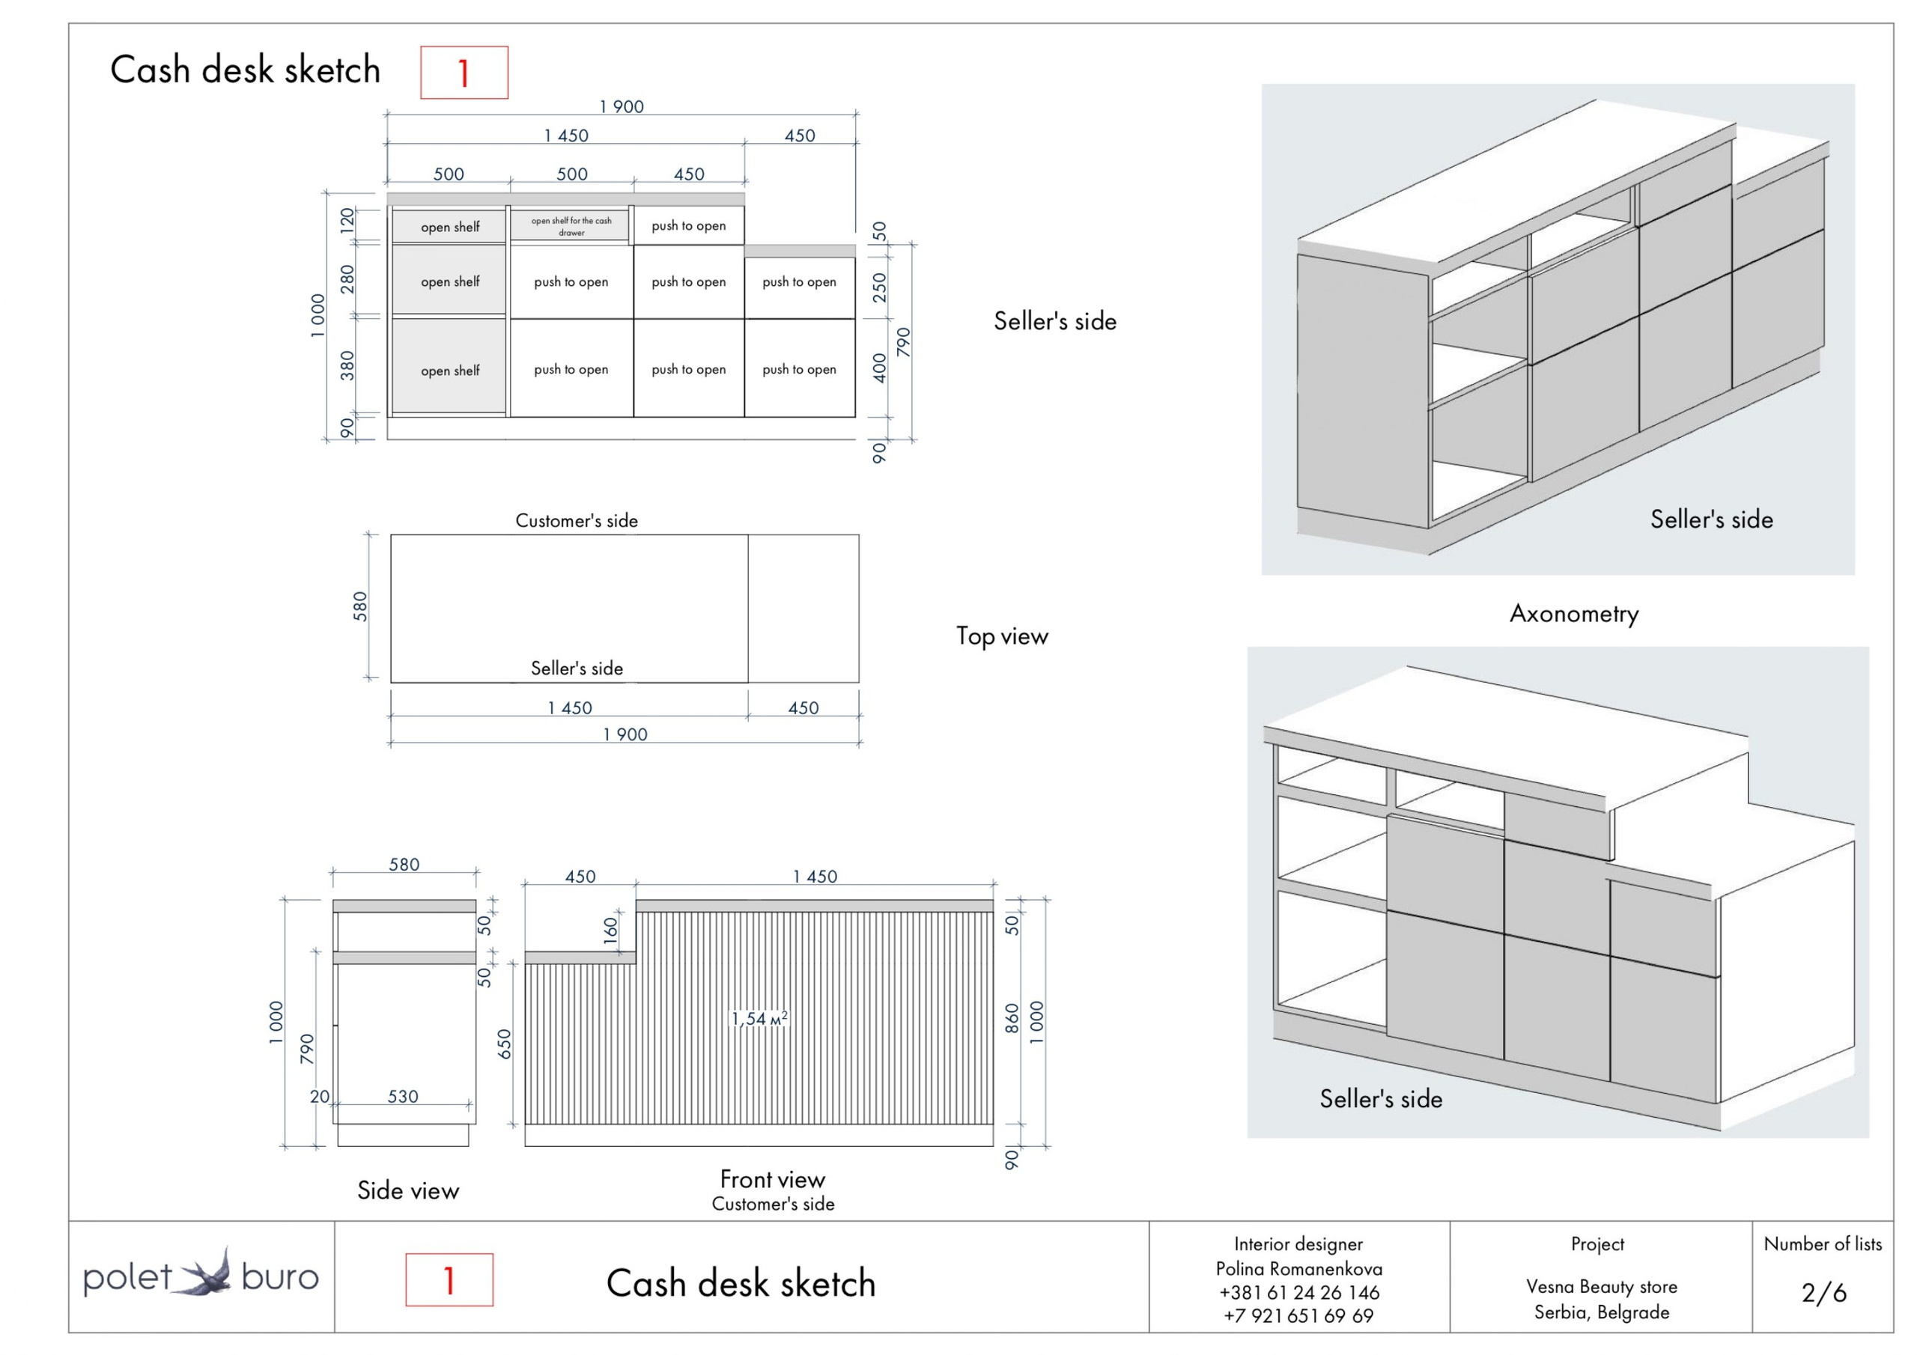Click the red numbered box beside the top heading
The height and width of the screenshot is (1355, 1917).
pyautogui.click(x=464, y=73)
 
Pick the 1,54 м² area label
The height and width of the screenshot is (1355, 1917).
pyautogui.click(x=759, y=1019)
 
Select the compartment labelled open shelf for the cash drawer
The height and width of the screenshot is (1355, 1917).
pyautogui.click(x=571, y=226)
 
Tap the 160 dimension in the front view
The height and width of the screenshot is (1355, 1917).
pyautogui.click(x=611, y=930)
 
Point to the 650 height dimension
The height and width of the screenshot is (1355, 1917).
pyautogui.click(x=504, y=1044)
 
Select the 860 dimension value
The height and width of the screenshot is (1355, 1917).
pyautogui.click(x=1012, y=1019)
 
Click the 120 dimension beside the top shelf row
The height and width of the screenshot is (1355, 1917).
pyautogui.click(x=347, y=219)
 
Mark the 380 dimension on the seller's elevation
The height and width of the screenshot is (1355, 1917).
pyautogui.click(x=347, y=365)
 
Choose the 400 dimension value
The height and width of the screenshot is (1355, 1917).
pyautogui.click(x=879, y=368)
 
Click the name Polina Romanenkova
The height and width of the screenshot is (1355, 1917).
pyautogui.click(x=1298, y=1269)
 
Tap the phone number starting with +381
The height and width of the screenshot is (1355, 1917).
pyautogui.click(x=1298, y=1292)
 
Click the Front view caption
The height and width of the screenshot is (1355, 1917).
pyautogui.click(x=772, y=1179)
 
